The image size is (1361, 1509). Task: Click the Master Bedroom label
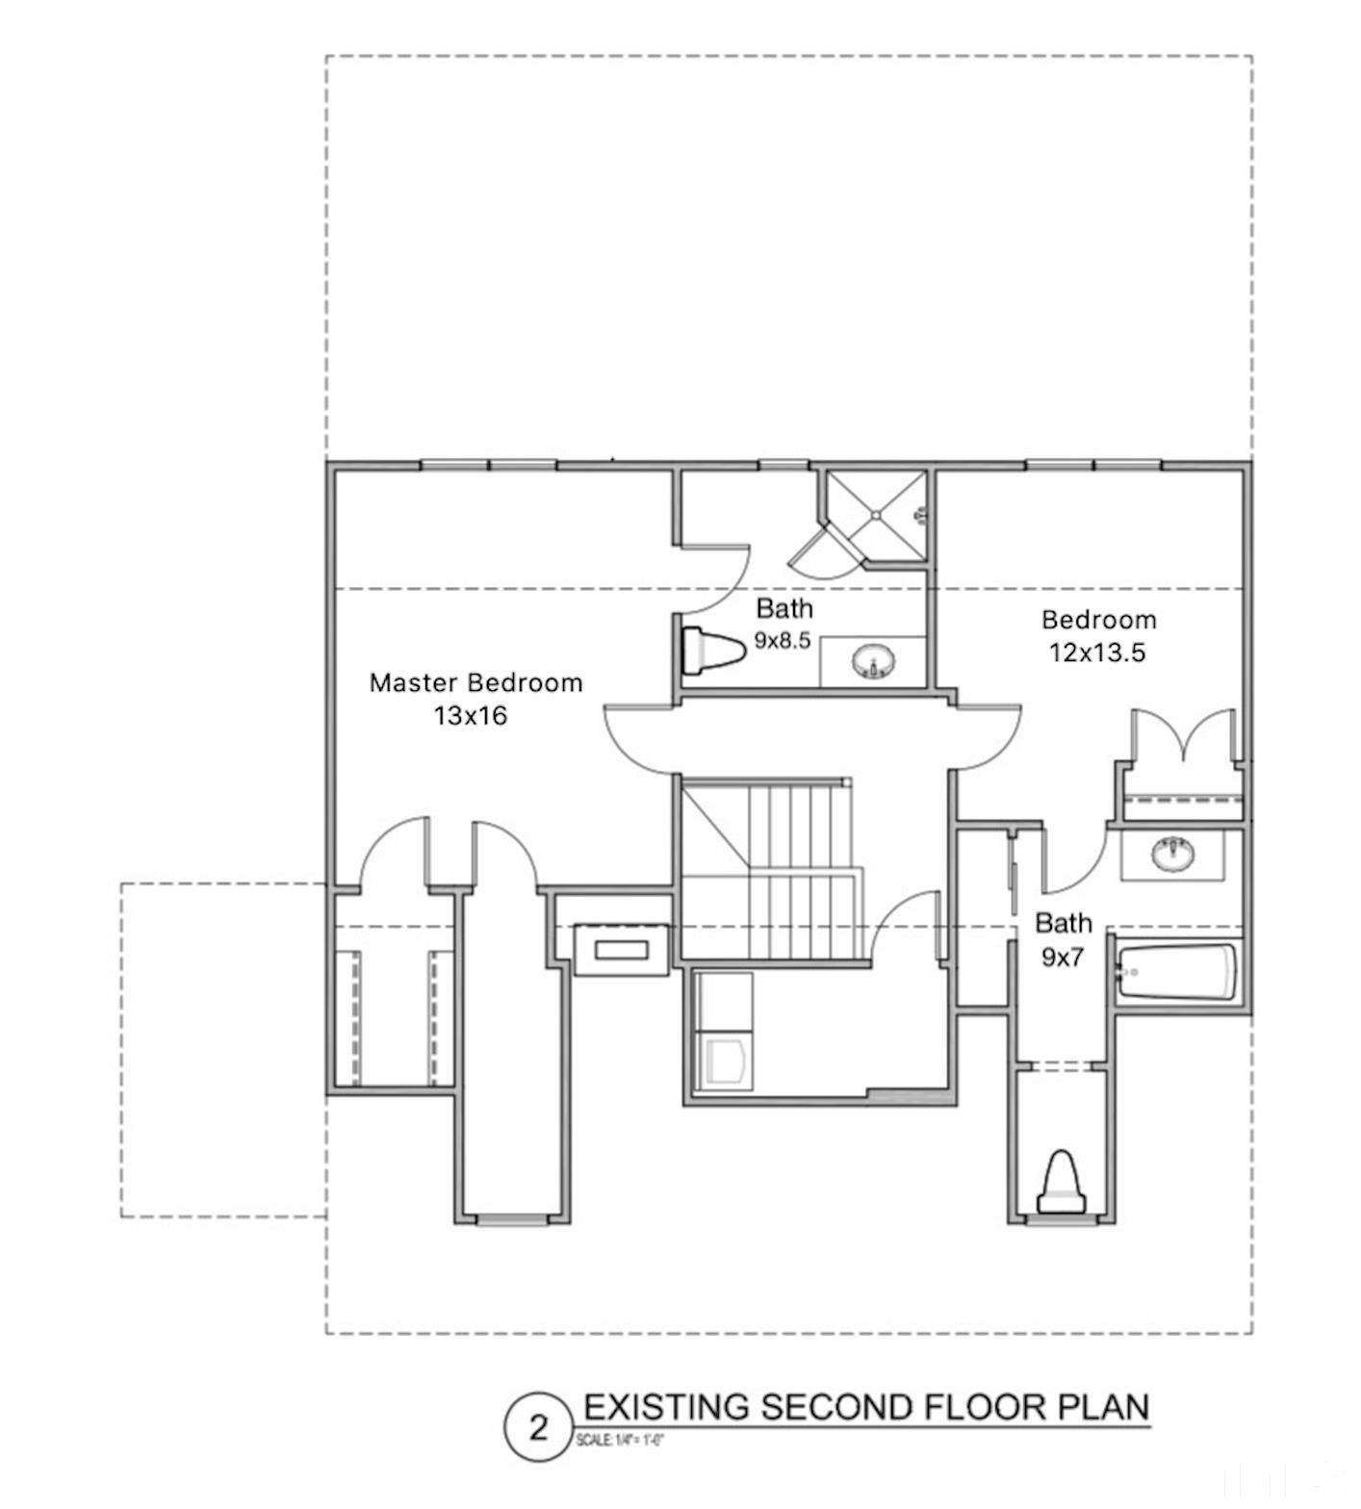click(x=475, y=683)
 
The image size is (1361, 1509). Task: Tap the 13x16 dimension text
click(x=470, y=716)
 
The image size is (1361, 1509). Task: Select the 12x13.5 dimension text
click(x=1097, y=652)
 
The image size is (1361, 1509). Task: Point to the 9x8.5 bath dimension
click(x=782, y=640)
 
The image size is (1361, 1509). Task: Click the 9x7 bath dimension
click(x=1063, y=958)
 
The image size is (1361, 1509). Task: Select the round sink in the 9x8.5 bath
click(x=873, y=661)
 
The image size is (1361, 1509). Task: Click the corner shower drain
click(x=876, y=515)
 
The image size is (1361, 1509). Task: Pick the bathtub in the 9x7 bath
click(x=1176, y=972)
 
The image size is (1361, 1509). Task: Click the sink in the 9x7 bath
click(x=1172, y=853)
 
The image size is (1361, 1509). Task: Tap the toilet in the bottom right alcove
click(x=1062, y=1184)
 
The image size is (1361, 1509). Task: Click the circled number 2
click(x=538, y=1427)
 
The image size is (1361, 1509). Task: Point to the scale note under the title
click(x=620, y=1441)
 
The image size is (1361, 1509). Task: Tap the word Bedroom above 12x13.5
click(x=1098, y=620)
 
